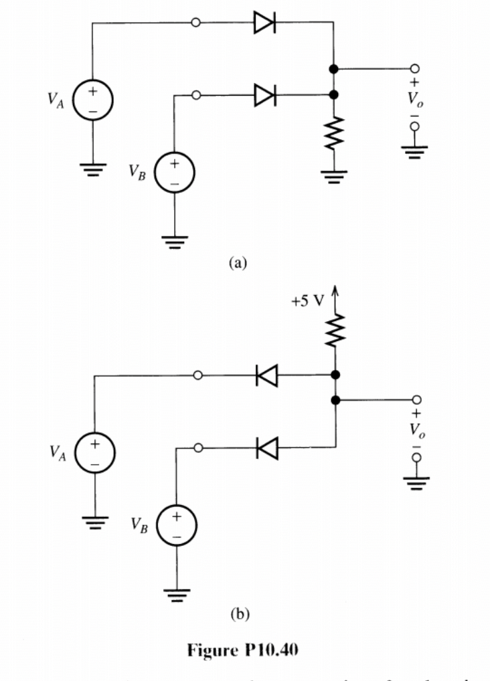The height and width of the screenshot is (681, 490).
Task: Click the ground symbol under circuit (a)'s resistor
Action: click(x=333, y=177)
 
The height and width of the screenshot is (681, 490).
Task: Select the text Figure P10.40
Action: click(x=246, y=647)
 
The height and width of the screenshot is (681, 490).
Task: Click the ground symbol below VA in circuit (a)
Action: click(x=93, y=171)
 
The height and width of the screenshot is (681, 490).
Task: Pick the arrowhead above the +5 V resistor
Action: click(x=333, y=290)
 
